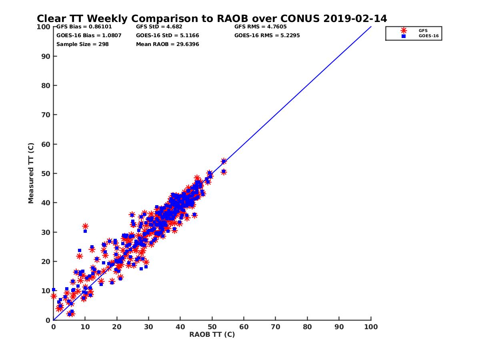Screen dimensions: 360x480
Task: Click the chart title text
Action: [212, 19]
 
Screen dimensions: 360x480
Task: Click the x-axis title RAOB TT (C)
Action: [212, 334]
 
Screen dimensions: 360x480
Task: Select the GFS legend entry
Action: [422, 30]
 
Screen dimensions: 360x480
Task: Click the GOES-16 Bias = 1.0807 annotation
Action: [89, 35]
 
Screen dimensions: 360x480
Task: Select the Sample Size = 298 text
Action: [82, 44]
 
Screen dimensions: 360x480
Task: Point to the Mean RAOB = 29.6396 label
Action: [167, 44]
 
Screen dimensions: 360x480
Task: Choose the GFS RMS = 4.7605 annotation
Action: [260, 27]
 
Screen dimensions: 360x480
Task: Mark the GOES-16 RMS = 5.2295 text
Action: [267, 35]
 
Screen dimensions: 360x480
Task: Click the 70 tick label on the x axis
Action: [276, 326]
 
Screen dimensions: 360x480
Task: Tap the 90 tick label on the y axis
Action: [46, 56]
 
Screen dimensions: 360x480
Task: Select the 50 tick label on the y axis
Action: [46, 173]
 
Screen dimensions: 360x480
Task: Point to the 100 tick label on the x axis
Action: [371, 326]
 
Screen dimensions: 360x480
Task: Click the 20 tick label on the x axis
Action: [117, 326]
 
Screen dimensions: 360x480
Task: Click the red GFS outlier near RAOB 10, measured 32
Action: [85, 226]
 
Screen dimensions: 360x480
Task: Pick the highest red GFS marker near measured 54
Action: [224, 161]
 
